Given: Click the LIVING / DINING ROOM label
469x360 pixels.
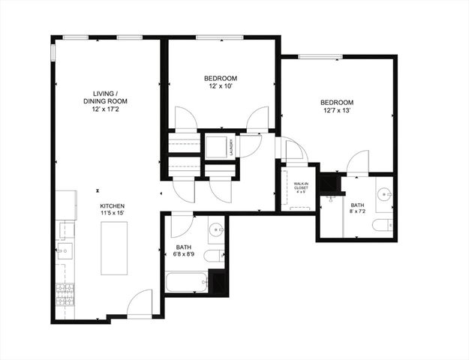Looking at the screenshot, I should (105, 97).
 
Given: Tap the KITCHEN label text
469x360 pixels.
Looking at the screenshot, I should (112, 205).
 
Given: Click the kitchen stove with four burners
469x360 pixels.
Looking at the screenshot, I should (65, 293).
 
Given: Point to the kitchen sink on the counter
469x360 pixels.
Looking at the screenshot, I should (65, 250).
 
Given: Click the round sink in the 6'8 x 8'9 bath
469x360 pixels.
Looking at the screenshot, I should (215, 229).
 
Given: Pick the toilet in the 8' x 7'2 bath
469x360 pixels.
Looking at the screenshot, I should (383, 225).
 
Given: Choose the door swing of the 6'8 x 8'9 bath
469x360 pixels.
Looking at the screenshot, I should (182, 224).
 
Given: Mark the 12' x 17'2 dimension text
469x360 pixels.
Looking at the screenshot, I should (105, 109).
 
